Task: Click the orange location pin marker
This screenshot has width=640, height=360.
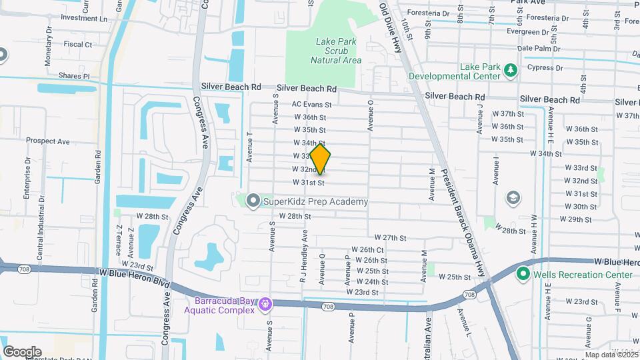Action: point(321,160)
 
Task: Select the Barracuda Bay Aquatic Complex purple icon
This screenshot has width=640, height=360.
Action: point(265,305)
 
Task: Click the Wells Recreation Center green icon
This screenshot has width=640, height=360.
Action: point(523,274)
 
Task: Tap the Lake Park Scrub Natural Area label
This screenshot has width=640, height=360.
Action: point(336,51)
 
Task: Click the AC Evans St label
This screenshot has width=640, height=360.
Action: point(311,105)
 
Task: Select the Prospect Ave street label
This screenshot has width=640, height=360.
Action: point(48,141)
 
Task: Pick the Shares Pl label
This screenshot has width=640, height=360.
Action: point(74,77)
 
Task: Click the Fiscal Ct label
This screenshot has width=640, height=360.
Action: point(78,45)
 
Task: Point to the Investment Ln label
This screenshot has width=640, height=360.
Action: point(84,18)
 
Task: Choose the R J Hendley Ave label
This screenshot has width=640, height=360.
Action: point(303,257)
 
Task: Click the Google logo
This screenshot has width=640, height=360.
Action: point(22,351)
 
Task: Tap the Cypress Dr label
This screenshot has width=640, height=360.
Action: point(545,68)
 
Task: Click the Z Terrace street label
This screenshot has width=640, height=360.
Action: point(118,239)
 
